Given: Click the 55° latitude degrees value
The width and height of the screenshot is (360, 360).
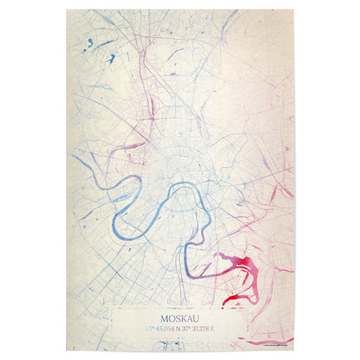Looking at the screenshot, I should coord(149,328).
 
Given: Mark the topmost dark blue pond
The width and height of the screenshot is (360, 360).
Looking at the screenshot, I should coord(89,42).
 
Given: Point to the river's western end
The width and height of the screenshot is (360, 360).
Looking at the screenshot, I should coord(74,157).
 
